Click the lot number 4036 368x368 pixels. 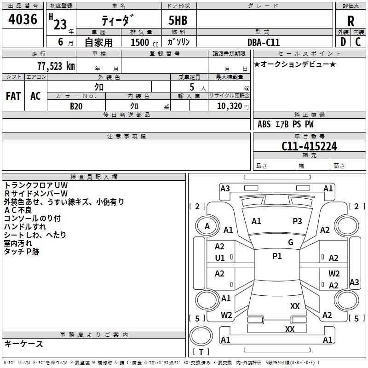[x=23, y=19]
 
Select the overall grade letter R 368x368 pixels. [x=351, y=21]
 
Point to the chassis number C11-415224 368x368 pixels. [x=309, y=146]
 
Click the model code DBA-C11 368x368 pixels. [x=264, y=42]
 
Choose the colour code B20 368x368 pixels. [x=76, y=106]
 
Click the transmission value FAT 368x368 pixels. [x=13, y=96]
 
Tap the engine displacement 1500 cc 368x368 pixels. [x=140, y=42]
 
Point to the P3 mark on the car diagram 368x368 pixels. [x=297, y=221]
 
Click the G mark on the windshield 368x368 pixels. [x=291, y=242]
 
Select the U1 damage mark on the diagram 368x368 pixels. [x=220, y=258]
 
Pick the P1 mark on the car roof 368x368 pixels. [x=277, y=256]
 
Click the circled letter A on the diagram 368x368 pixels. [x=207, y=226]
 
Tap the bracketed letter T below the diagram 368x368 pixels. [x=201, y=352]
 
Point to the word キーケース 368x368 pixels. [x=23, y=344]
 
